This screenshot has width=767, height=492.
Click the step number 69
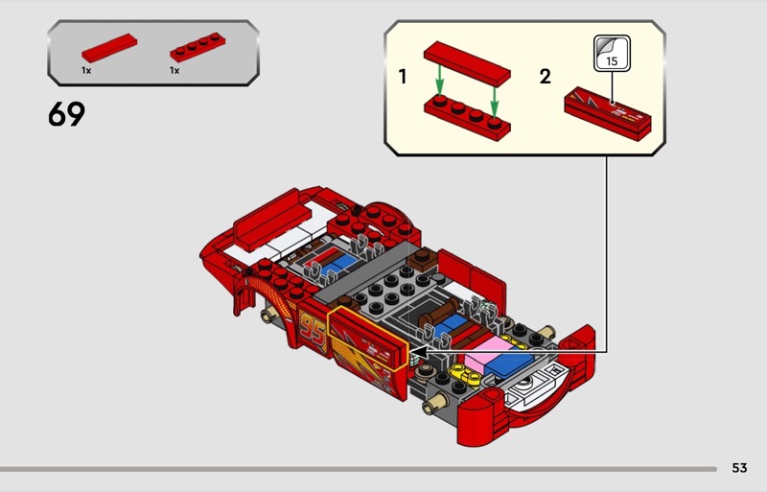(x=66, y=114)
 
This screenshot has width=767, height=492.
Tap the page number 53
(x=739, y=467)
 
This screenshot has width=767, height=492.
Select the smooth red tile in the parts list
(x=109, y=48)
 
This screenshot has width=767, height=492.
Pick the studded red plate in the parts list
(x=198, y=47)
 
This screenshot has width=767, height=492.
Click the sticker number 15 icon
(x=612, y=53)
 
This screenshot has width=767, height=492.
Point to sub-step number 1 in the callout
(x=403, y=77)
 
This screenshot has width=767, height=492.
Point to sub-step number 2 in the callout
(x=545, y=77)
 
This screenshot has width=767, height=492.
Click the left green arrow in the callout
(x=440, y=81)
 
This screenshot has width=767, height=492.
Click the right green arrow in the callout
(x=494, y=101)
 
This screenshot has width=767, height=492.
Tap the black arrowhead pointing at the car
(x=418, y=351)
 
